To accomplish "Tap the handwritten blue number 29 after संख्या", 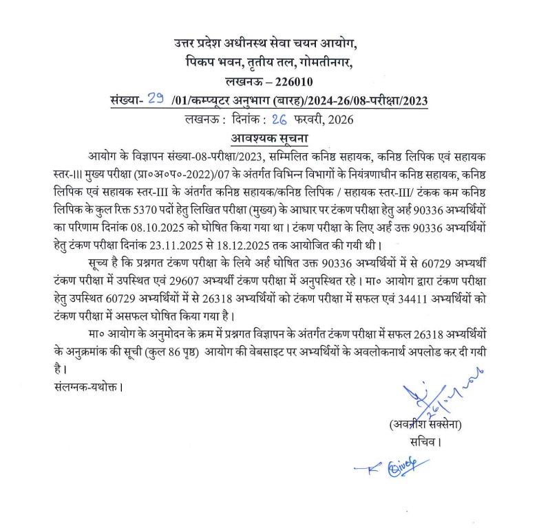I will click(x=156, y=100).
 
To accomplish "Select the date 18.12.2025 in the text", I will click(x=264, y=243).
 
